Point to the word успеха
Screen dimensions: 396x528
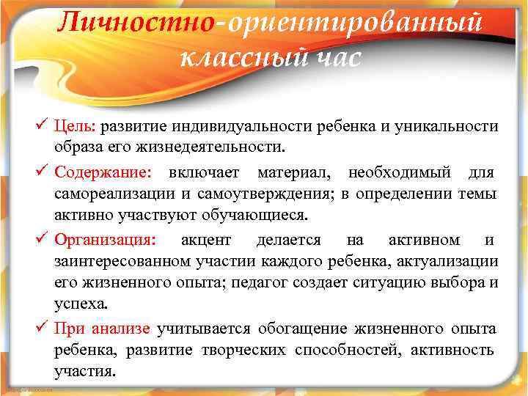point(79,304)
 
